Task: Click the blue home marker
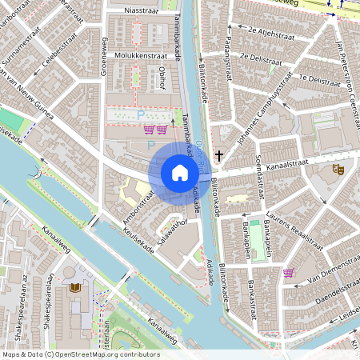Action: click(179, 173)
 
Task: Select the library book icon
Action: click(74, 287)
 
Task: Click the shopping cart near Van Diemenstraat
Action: click(288, 273)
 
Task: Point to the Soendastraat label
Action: click(258, 169)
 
